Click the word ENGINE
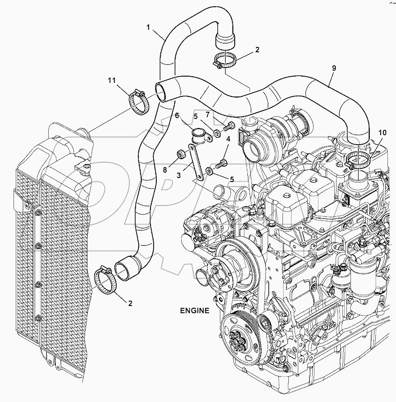[x=195, y=311]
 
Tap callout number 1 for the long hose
[x=148, y=27]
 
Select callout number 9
[x=334, y=68]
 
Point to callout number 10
[x=382, y=132]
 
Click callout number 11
[x=112, y=81]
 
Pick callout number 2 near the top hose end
[x=257, y=50]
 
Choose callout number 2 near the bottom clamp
[x=130, y=303]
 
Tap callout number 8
[x=164, y=170]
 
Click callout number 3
[x=179, y=175]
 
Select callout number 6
[x=178, y=116]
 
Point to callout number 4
[x=228, y=139]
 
